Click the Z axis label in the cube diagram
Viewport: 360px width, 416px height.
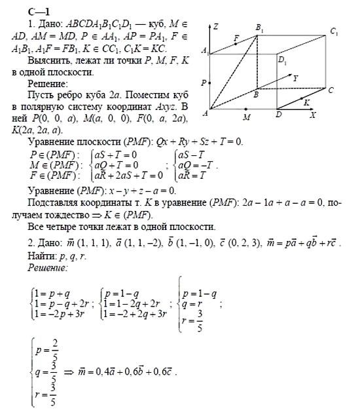[218, 28]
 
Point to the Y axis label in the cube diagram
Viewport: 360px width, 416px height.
[297, 77]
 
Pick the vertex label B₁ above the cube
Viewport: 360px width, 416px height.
[259, 28]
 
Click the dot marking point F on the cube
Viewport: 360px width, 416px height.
[234, 44]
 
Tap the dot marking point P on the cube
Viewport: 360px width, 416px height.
[210, 82]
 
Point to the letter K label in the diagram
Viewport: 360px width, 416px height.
[306, 102]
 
